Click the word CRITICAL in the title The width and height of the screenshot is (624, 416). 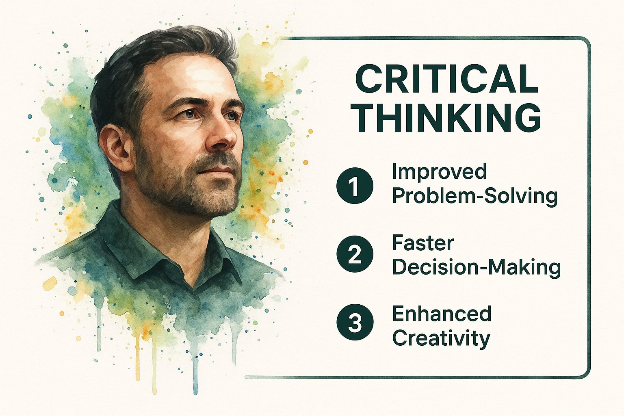coord(447,79)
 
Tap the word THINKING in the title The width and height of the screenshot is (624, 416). coord(447,117)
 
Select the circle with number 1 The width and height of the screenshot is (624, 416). coord(355,185)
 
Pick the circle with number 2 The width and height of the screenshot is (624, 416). coord(355,254)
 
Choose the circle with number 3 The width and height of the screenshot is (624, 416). coord(355,322)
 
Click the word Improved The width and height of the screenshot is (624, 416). coord(439,173)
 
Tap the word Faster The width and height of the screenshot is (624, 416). coord(423,243)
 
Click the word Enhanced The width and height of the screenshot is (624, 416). coord(442,314)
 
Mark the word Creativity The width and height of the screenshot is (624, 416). coord(441,339)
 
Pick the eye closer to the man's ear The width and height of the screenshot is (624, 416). coord(189,114)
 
